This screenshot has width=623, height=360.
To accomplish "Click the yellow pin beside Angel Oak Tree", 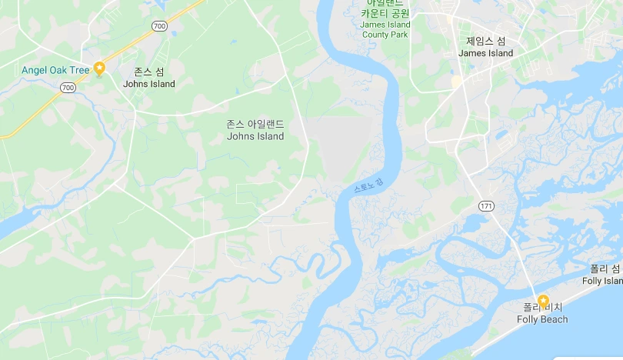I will pyautogui.click(x=99, y=68).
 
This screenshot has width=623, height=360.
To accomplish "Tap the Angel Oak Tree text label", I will pyautogui.click(x=55, y=70).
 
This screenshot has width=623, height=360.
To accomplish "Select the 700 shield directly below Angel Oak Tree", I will pyautogui.click(x=68, y=88).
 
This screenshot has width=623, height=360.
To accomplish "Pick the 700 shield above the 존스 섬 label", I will pyautogui.click(x=159, y=26).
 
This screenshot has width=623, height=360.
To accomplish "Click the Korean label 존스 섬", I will pyautogui.click(x=149, y=72).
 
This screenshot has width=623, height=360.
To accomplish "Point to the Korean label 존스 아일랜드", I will pyautogui.click(x=255, y=124).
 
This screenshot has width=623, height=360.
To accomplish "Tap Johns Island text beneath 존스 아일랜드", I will pyautogui.click(x=255, y=137).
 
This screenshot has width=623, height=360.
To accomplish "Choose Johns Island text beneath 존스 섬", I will pyautogui.click(x=149, y=84).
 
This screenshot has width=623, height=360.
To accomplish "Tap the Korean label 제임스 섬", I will pyautogui.click(x=485, y=41).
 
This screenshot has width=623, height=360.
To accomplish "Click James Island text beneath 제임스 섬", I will pyautogui.click(x=485, y=53).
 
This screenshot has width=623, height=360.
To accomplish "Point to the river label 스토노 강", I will pyautogui.click(x=367, y=185).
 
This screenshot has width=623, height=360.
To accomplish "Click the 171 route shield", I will pyautogui.click(x=485, y=206).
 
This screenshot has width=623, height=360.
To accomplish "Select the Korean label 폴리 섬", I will pyautogui.click(x=605, y=268).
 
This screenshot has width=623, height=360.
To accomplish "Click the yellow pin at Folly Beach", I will pyautogui.click(x=543, y=301).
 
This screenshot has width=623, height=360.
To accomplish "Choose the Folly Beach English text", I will pyautogui.click(x=542, y=320).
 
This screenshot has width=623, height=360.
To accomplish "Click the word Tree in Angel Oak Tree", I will pyautogui.click(x=80, y=70).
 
